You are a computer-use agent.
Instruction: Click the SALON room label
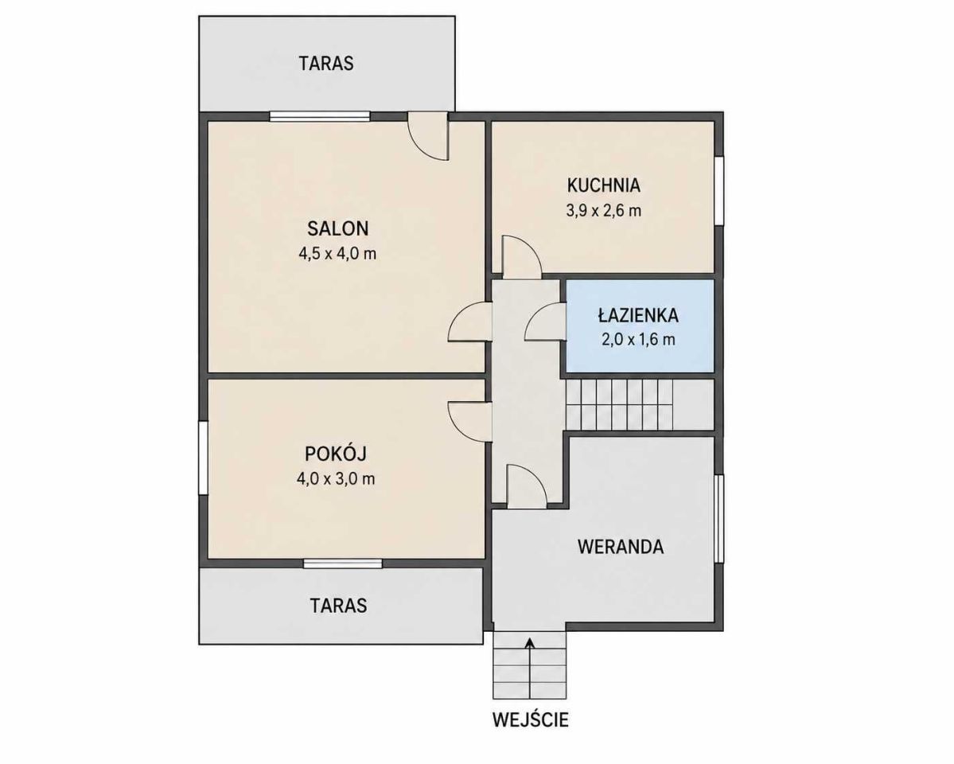337,228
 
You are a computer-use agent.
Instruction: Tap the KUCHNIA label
604,185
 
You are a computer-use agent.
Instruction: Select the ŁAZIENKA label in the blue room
637,315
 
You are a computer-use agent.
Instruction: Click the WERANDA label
621,547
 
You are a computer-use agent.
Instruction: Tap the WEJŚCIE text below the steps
531,719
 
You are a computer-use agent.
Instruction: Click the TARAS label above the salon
326,64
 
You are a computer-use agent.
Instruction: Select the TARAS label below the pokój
338,605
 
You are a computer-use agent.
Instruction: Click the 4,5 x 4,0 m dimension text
337,253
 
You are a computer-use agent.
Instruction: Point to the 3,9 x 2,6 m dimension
604,211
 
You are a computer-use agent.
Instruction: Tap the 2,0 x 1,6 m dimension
638,339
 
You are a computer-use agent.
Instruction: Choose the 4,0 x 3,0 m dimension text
336,478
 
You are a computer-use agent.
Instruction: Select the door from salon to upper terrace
428,135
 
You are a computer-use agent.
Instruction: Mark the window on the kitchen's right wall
719,191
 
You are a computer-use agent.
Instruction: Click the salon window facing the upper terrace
320,115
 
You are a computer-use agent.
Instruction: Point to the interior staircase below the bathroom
639,404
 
